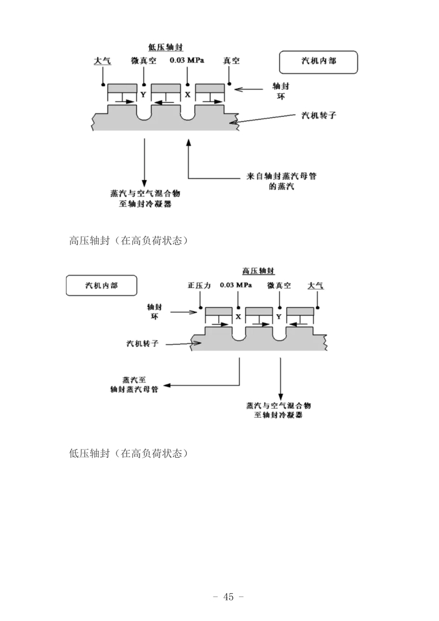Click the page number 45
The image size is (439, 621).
228,597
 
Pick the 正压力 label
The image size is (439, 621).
199,285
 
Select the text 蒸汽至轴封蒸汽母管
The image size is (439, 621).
134,385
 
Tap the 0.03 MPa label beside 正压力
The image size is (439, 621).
236,285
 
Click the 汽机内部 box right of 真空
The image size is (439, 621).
318,62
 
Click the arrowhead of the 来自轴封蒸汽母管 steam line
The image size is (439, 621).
189,143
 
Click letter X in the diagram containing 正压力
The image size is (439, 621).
238,317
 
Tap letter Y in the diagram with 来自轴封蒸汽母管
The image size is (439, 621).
143,95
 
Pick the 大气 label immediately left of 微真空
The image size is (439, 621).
102,61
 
